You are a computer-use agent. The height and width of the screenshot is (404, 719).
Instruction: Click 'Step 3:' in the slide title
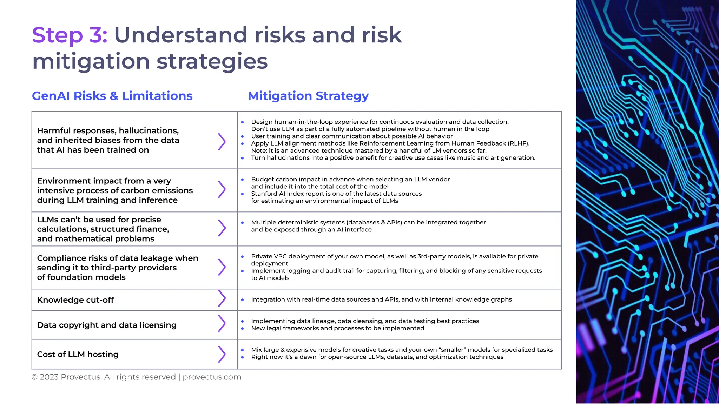pos(70,35)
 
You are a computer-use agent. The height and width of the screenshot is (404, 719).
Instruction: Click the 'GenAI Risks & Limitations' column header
pos(112,96)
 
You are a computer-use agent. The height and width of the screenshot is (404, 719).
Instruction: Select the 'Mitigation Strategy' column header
pos(308,96)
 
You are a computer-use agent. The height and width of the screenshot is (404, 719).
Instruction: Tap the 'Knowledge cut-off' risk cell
pos(75,300)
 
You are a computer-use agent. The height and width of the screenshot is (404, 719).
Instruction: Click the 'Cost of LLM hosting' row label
pos(78,354)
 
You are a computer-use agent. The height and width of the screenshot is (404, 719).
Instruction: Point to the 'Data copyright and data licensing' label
pos(107,325)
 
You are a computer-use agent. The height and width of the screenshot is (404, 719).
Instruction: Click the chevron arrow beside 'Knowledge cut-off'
pos(222,298)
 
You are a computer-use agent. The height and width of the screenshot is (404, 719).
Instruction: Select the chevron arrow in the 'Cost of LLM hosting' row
pos(222,354)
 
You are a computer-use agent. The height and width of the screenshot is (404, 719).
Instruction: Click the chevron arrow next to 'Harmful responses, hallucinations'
pos(222,142)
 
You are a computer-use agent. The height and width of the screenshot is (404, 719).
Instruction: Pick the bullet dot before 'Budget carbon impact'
pos(242,180)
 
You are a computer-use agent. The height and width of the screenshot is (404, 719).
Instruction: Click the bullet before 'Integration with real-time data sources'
pos(242,300)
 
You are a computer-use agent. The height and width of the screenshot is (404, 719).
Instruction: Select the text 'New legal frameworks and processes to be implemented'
pos(337,328)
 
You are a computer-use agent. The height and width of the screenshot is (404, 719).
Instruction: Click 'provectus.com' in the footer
pos(212,377)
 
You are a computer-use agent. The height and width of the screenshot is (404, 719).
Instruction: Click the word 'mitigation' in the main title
pos(91,61)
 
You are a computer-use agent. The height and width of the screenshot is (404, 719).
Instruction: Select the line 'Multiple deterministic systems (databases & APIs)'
pos(368,222)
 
